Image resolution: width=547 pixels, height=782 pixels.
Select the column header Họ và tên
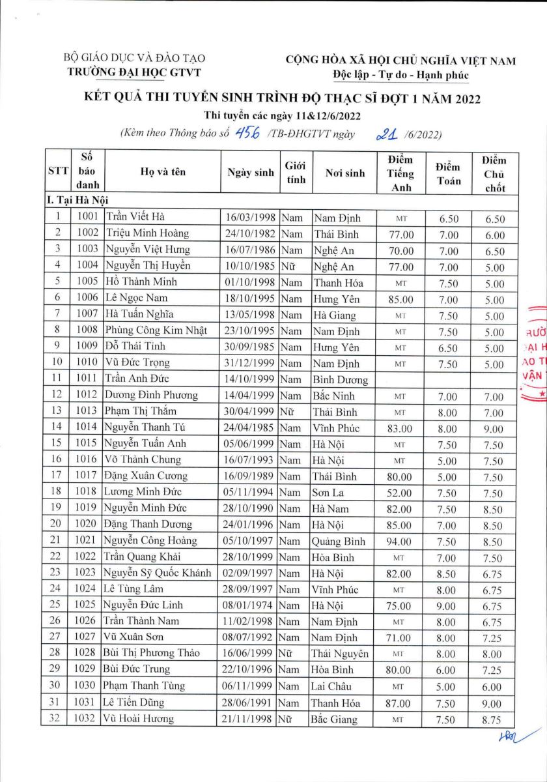click(163, 173)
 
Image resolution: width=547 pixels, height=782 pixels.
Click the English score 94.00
click(399, 542)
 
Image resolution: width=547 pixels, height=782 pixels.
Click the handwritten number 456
click(248, 134)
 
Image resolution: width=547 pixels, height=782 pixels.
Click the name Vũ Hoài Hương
click(138, 719)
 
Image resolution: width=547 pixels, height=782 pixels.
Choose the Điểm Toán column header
click(448, 173)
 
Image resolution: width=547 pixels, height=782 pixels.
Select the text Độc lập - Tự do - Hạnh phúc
click(400, 74)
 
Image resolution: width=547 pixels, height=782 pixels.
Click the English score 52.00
click(399, 493)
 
